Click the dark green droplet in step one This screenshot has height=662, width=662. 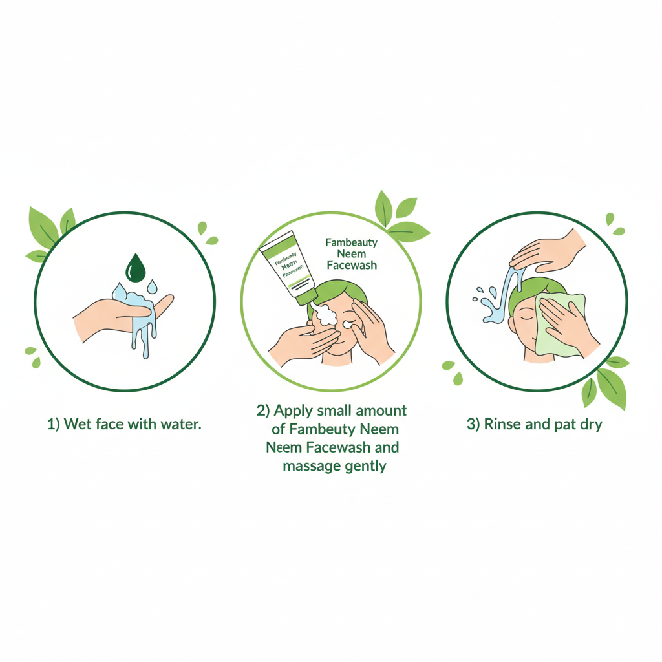136,268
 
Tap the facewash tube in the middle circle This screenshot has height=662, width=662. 288,267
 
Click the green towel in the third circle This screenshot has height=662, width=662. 557,325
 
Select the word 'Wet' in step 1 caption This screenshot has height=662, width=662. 78,424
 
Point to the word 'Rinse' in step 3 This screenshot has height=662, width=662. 502,424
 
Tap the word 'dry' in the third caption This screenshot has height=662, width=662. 591,425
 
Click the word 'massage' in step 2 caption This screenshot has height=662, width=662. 311,467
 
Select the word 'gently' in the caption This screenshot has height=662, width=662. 365,467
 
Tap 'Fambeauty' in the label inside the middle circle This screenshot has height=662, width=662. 351,242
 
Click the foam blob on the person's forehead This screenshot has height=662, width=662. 326,315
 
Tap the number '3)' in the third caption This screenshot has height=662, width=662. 473,424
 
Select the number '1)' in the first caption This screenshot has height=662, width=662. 53,424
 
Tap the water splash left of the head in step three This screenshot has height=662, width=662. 490,305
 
